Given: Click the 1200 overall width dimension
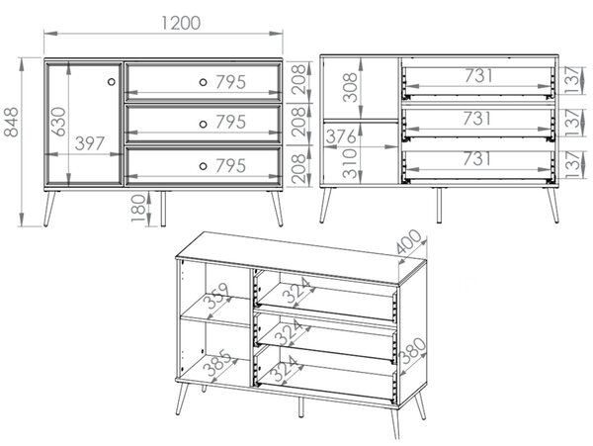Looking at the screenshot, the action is pos(181,23).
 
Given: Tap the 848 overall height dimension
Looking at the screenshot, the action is pos(11,122).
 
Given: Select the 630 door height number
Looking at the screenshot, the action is pos(58,122).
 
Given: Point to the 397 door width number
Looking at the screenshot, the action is pos(90,143).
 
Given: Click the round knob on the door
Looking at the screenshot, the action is pos(111,81).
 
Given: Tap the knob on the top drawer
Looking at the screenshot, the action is pos(203,82).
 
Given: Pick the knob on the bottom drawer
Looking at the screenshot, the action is pos(203,166).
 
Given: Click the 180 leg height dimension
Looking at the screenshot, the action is pos(138,209).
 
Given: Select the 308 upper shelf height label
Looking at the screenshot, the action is pos(350,87).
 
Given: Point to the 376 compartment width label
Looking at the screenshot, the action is pos(341,136).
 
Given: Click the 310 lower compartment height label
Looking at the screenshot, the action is pos(350,163).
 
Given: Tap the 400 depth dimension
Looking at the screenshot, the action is pos(409,241).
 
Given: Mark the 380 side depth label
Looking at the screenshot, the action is pos(413,351).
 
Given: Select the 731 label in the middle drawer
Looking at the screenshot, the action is pos(477,119).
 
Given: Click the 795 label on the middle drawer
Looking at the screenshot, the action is pos(230,122).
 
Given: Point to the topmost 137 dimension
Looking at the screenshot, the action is pos(573,80).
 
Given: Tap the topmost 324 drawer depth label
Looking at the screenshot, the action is pos(298,291).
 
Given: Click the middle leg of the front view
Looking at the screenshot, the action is pos(163,209).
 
